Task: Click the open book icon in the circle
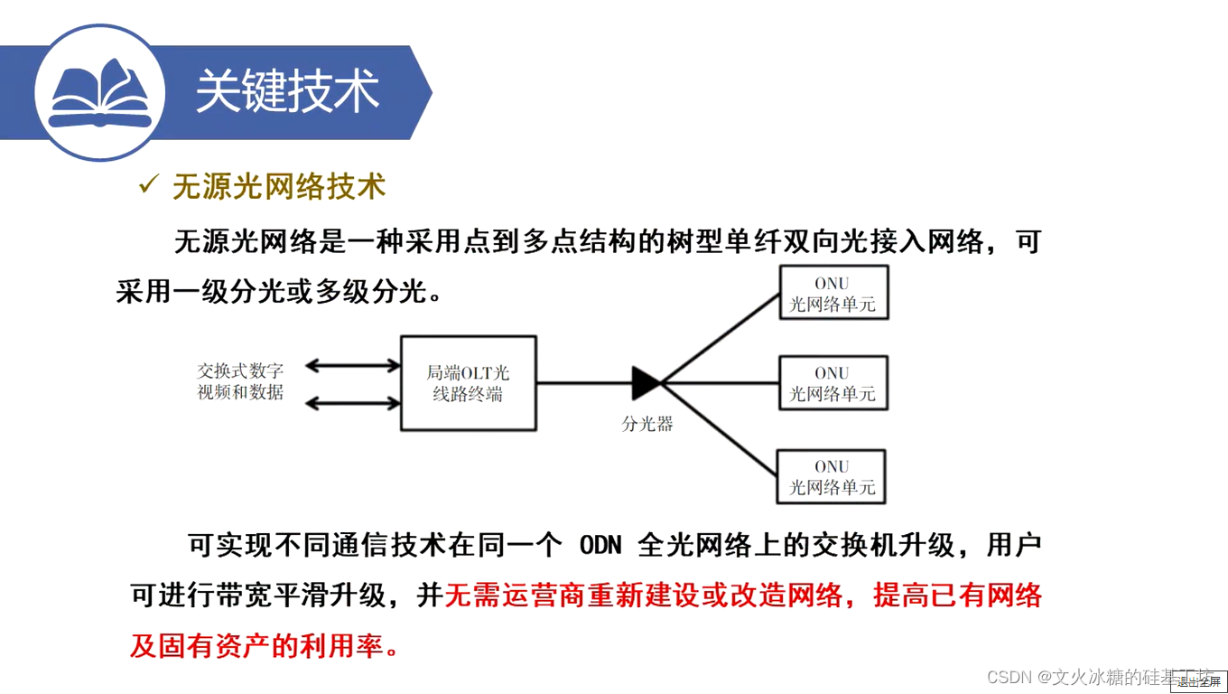(99, 92)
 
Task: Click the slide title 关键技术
(287, 91)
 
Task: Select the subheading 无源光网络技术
(279, 186)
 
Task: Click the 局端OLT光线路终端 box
(468, 383)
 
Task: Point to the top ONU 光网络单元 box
(833, 293)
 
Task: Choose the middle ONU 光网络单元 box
(833, 383)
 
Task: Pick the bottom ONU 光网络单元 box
(831, 476)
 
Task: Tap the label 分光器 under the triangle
(647, 423)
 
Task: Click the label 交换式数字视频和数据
(240, 381)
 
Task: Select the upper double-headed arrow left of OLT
(352, 366)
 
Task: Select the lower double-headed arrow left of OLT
(352, 401)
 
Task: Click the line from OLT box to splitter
(583, 383)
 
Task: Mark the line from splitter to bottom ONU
(720, 430)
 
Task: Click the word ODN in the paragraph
(601, 546)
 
